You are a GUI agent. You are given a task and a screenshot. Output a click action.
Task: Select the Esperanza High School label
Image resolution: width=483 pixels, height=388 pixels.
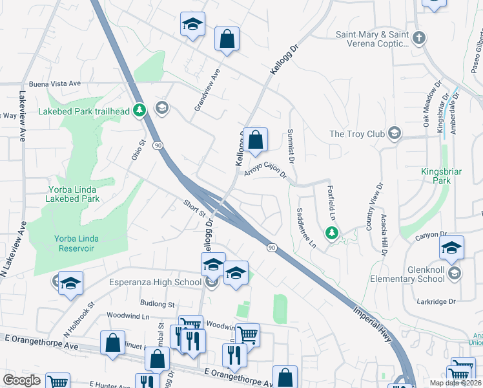pyautogui.click(x=155, y=282)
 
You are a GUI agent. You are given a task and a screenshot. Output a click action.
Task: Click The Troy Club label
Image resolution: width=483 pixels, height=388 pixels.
pyautogui.click(x=357, y=135)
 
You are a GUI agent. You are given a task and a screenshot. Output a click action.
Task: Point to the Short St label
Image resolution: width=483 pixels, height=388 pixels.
pyautogui.click(x=193, y=208)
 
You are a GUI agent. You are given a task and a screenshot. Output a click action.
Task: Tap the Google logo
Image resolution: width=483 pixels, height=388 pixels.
pyautogui.click(x=22, y=380)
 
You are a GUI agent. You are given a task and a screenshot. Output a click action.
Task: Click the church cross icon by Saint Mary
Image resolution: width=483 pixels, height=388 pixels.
pyautogui.click(x=419, y=37)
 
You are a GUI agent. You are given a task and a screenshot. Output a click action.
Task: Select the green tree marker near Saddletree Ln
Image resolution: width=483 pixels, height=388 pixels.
pyautogui.click(x=332, y=232)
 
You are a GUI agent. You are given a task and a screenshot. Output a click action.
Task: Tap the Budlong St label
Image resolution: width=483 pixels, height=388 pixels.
pyautogui.click(x=158, y=303)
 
